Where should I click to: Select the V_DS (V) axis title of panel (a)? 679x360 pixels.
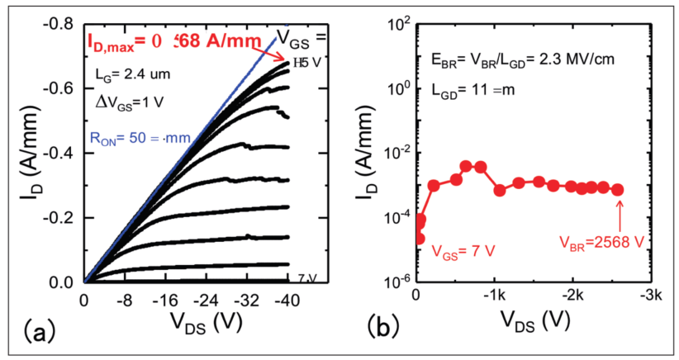pyautogui.click(x=184, y=323)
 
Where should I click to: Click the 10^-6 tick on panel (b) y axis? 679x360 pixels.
pyautogui.click(x=397, y=282)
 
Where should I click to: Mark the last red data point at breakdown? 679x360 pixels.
pyautogui.click(x=619, y=189)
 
